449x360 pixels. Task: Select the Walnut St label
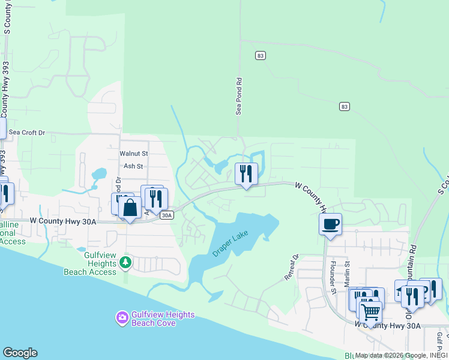point(133,154)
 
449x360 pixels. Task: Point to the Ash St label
point(133,166)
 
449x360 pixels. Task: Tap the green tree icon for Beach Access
point(125,262)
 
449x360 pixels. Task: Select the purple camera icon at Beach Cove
point(122,317)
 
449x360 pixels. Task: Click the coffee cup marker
point(330,224)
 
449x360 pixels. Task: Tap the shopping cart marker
point(370,311)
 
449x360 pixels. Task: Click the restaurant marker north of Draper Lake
point(246,174)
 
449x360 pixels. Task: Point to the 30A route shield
point(167,215)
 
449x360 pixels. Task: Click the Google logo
point(20,353)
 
